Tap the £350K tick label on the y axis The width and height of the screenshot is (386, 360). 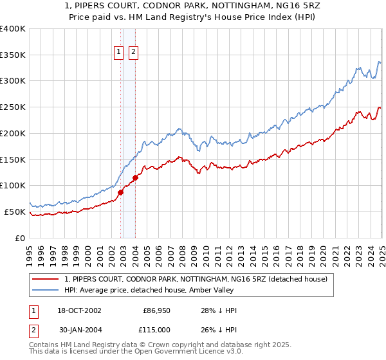(x=13, y=55)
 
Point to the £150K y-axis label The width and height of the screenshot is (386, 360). (x=13, y=159)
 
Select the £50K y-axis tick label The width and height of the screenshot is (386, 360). (x=15, y=212)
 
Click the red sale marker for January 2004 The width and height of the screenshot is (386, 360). (x=136, y=177)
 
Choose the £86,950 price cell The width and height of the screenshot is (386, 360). (x=157, y=310)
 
